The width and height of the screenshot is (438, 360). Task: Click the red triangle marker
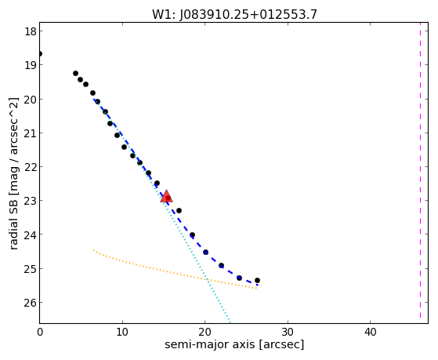click(166, 196)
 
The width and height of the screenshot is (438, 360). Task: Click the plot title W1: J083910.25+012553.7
click(234, 15)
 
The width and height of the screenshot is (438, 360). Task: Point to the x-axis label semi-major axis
click(209, 344)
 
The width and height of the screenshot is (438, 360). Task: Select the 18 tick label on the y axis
click(30, 31)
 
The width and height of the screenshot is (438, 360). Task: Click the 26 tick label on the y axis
click(30, 303)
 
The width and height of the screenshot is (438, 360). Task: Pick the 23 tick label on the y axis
click(30, 201)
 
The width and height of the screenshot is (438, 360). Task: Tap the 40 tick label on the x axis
click(370, 333)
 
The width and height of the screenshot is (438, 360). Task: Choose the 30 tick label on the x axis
click(288, 333)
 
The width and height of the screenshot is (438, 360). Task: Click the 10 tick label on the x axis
click(122, 333)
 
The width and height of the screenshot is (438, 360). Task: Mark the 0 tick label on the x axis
click(40, 333)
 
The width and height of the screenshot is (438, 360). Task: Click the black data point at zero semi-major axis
click(40, 53)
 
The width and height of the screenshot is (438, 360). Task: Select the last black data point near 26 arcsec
click(257, 280)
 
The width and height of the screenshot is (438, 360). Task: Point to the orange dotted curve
click(175, 271)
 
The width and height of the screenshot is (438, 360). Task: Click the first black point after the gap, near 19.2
click(75, 73)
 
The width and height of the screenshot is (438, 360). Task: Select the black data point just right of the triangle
click(179, 210)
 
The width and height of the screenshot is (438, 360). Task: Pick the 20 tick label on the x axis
click(205, 333)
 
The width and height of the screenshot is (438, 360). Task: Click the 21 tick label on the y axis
click(30, 133)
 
